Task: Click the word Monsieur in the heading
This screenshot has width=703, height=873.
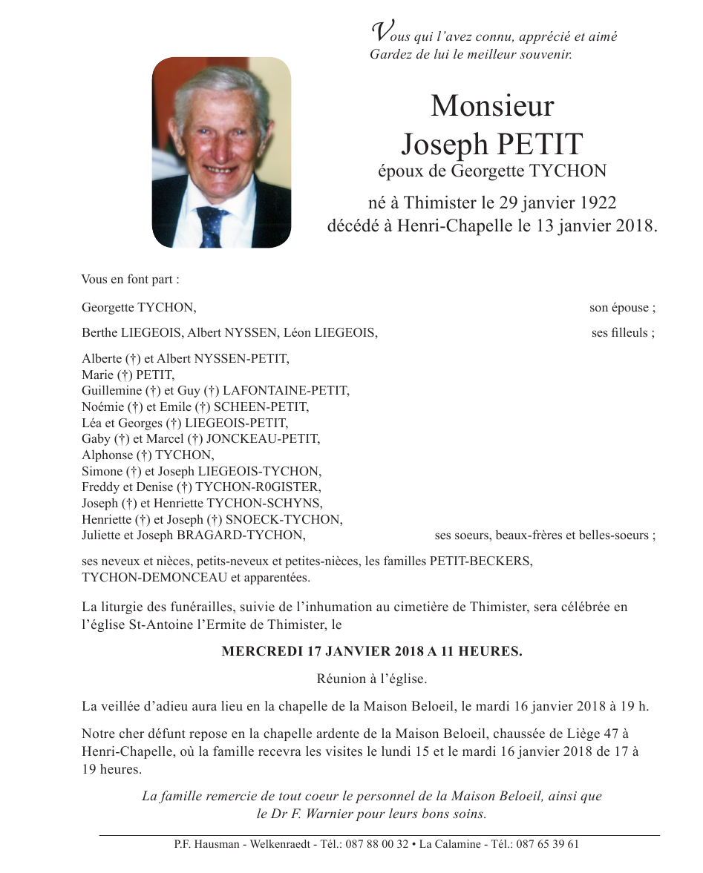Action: click(x=492, y=106)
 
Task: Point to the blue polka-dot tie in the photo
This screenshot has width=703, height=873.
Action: click(x=212, y=225)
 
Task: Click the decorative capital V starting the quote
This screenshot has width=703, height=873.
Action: click(x=380, y=32)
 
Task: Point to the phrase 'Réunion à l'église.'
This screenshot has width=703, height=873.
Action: click(x=371, y=679)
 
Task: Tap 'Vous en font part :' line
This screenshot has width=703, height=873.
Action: click(x=130, y=280)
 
